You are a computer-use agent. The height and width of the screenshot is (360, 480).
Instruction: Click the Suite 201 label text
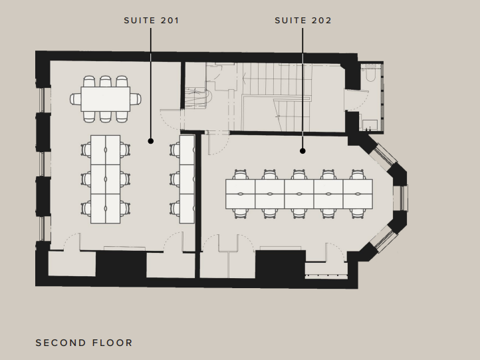click(151, 21)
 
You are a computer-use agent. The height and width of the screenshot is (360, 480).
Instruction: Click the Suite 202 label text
click(303, 21)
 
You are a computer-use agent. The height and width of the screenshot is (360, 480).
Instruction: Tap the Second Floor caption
click(84, 343)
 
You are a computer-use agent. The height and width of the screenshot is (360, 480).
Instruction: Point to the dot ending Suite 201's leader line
click(151, 141)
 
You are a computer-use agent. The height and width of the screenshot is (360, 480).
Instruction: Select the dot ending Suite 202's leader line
click(302, 151)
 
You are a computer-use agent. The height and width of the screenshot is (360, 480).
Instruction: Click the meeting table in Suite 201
click(106, 99)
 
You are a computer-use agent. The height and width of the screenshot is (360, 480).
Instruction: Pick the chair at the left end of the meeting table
click(75, 99)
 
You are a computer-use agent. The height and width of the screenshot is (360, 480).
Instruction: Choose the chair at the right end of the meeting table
click(136, 99)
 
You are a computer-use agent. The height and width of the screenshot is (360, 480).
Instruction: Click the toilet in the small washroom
click(370, 74)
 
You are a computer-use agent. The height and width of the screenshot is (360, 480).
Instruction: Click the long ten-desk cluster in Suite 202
click(299, 194)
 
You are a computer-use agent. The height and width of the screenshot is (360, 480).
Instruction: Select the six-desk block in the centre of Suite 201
click(105, 179)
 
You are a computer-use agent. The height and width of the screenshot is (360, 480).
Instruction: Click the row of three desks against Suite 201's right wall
click(187, 179)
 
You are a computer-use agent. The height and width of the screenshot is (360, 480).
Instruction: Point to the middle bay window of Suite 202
click(403, 198)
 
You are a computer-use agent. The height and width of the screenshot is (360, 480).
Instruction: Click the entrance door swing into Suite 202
click(219, 143)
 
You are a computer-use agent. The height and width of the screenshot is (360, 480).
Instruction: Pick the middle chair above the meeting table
click(105, 81)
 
